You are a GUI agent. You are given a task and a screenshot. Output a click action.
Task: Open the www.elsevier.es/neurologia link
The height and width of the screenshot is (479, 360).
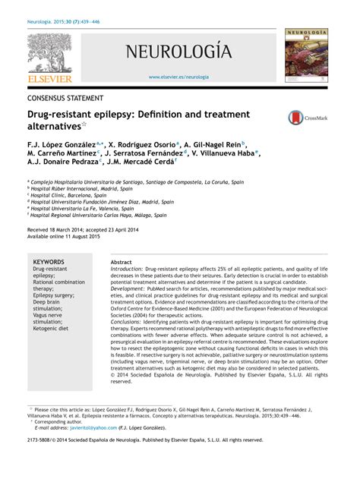tap(178, 77)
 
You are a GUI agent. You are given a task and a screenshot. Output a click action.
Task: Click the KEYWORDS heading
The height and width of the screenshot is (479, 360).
tap(49, 262)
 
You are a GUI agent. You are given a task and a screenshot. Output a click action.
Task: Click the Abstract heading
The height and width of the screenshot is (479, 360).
tap(122, 262)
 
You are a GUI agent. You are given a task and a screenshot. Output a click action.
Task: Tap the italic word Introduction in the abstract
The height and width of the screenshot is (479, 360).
tap(126, 269)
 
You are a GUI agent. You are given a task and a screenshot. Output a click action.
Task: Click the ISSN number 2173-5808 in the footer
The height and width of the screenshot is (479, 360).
tap(39, 461)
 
